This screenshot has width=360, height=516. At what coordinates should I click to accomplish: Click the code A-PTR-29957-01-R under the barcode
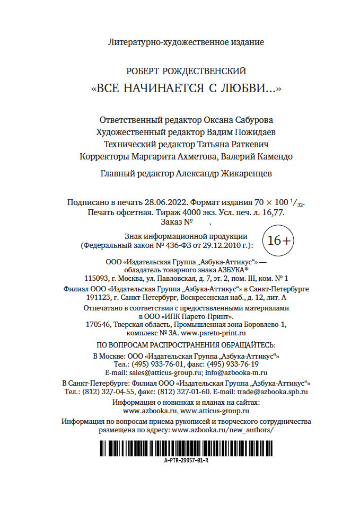(186, 461)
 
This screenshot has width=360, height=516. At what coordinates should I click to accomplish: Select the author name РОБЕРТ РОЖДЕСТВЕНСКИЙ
(186, 72)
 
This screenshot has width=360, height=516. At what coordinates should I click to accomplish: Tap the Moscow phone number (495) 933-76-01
(157, 364)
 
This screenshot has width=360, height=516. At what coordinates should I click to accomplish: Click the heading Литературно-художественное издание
(186, 41)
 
